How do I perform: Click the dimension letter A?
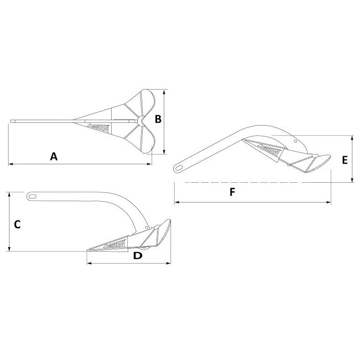[54, 156]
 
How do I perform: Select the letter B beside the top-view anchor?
[158, 119]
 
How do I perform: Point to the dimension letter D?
[138, 256]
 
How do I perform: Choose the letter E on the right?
[345, 160]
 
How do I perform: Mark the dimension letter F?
[232, 192]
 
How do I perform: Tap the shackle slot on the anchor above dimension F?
[180, 167]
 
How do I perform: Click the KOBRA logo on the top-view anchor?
[97, 127]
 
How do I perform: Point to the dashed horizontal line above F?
[252, 182]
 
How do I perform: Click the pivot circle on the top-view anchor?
[141, 120]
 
